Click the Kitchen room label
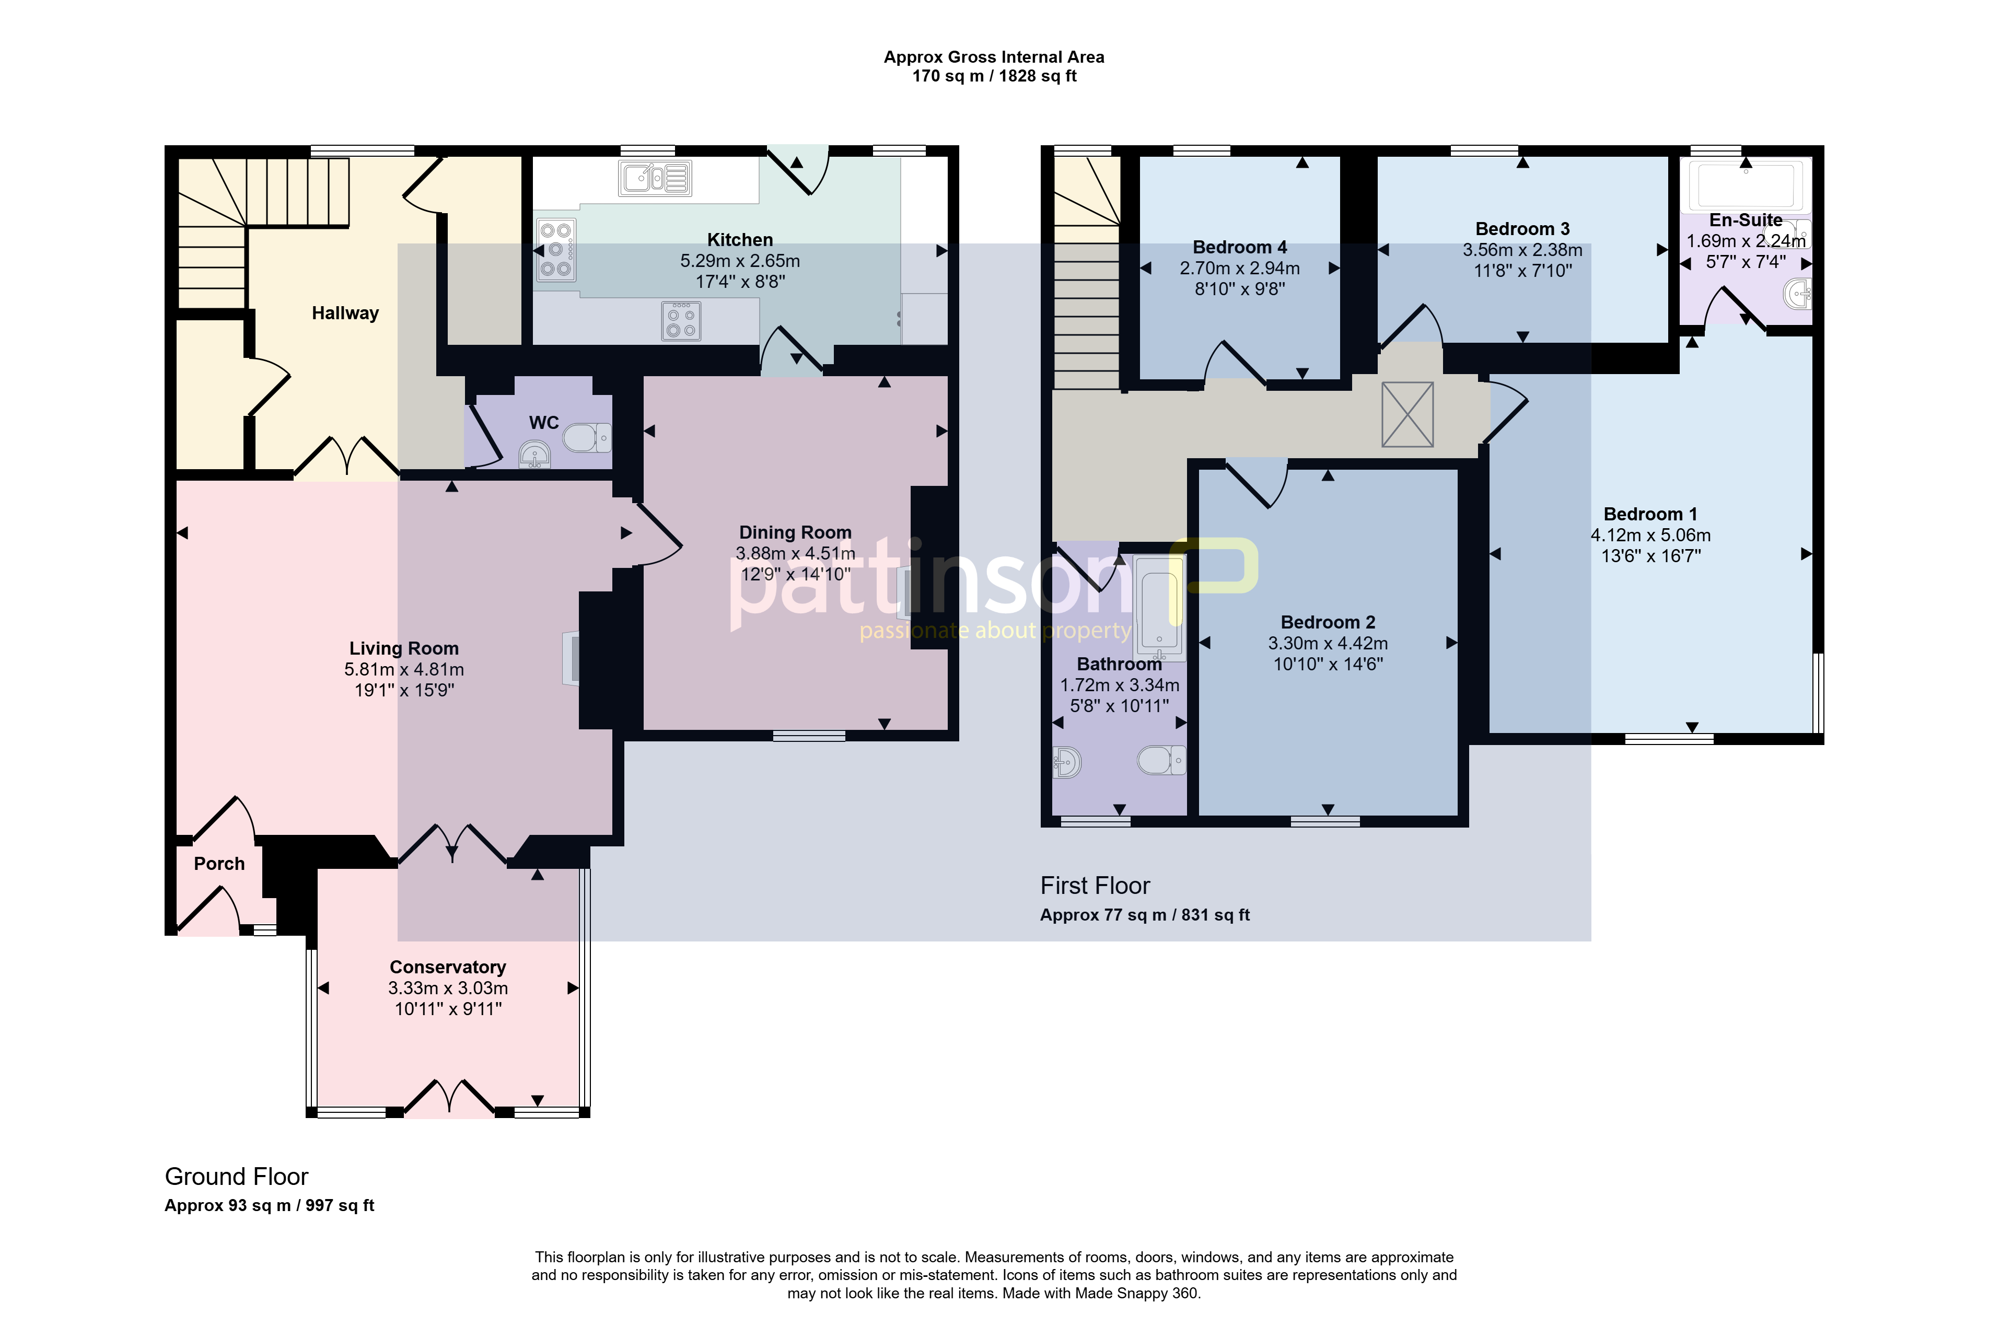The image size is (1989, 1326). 740,240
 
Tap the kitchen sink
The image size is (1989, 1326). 655,179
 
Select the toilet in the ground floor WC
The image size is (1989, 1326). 587,438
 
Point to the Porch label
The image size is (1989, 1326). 219,864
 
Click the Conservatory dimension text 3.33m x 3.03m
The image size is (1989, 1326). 448,988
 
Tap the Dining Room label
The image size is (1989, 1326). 795,532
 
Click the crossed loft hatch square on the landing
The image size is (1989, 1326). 1407,414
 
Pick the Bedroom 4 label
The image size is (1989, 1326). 1240,247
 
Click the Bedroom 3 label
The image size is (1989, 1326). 1522,228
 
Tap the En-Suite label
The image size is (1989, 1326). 1746,220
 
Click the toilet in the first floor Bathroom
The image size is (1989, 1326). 1161,760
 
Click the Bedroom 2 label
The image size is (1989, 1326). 1328,622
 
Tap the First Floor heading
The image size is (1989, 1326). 1095,886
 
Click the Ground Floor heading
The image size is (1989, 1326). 237,1177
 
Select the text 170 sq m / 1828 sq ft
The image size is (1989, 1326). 995,76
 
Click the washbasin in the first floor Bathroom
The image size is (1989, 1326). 1067,763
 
